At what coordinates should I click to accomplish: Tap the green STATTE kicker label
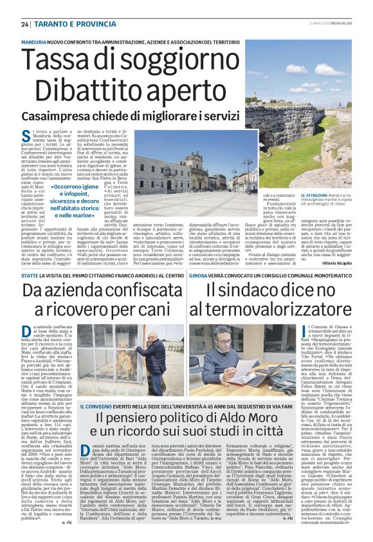(x=30, y=275)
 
